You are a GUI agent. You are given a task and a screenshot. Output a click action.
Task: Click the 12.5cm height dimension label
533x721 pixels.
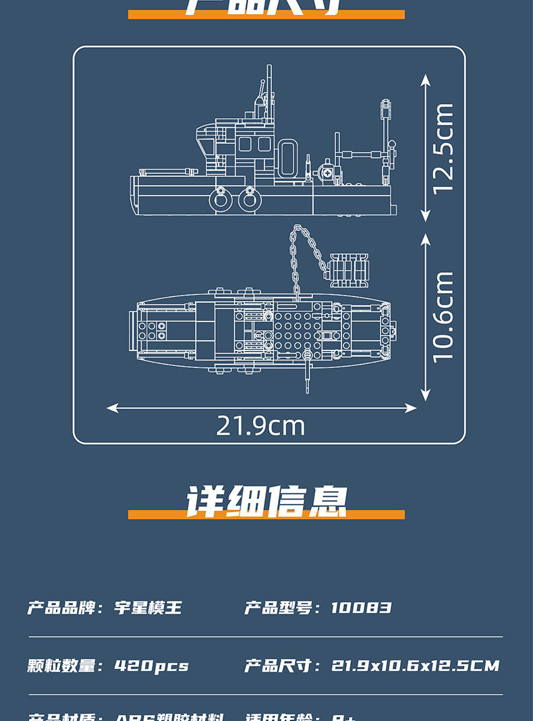443,149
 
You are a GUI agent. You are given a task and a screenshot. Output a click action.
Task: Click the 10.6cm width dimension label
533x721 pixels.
443,317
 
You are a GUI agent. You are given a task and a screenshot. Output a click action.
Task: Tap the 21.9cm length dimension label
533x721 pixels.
260,426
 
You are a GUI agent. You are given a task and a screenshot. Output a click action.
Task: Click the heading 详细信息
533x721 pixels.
266,501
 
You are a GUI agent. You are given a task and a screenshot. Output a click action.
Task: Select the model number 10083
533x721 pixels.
361,608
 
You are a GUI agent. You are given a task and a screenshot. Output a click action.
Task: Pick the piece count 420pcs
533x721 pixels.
151,666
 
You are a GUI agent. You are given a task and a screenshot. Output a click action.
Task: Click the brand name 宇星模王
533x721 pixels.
148,608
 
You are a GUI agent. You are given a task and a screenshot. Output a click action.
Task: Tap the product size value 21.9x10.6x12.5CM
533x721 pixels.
415,666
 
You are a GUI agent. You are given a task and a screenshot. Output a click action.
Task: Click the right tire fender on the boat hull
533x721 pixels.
248,198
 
